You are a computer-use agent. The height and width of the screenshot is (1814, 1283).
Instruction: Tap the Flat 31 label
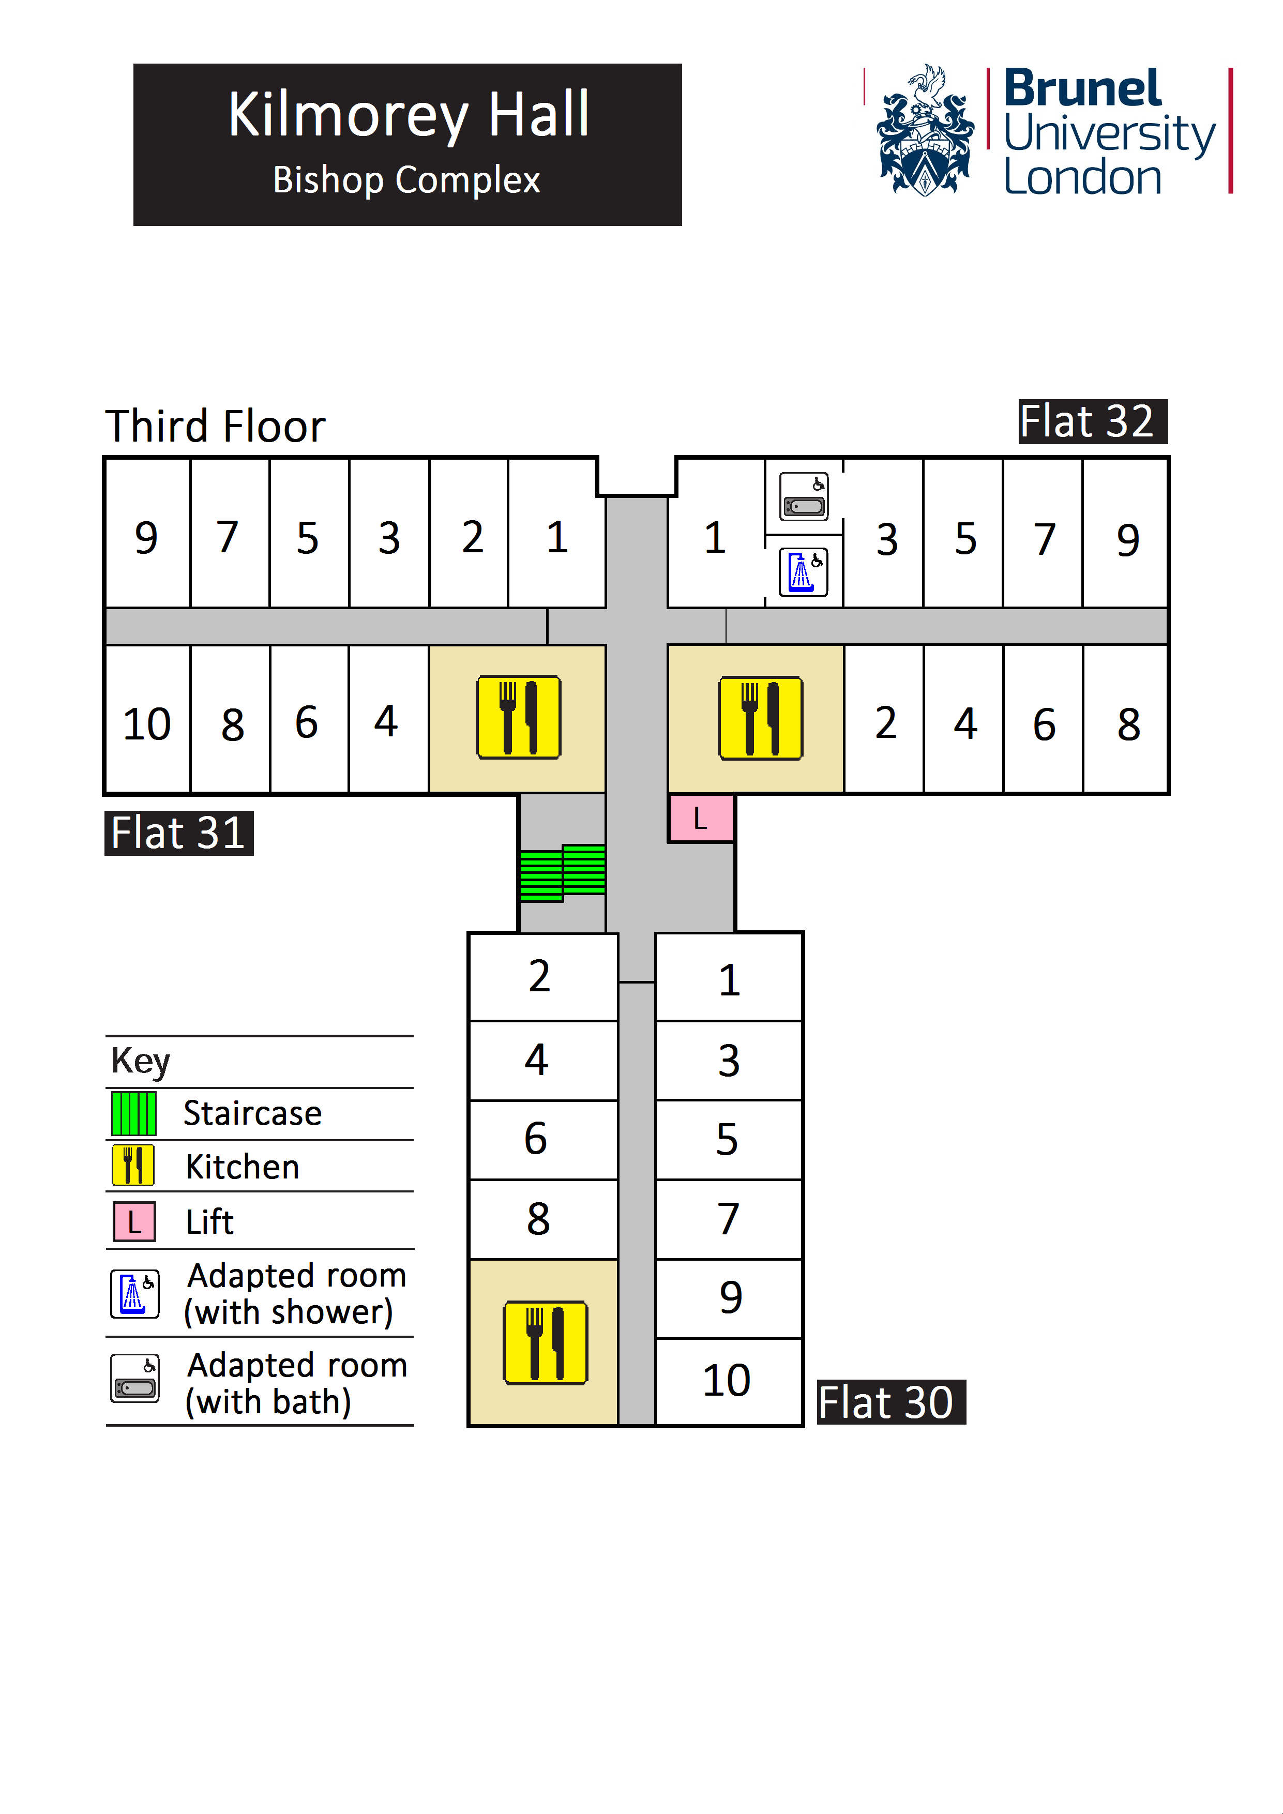pyautogui.click(x=178, y=834)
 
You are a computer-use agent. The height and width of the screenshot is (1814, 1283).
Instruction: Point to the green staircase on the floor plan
pyautogui.click(x=563, y=873)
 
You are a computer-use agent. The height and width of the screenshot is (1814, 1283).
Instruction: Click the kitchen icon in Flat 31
pyautogui.click(x=518, y=717)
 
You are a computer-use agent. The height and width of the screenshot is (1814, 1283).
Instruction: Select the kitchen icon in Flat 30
pyautogui.click(x=545, y=1343)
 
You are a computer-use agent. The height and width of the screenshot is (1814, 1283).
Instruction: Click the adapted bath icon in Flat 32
pyautogui.click(x=804, y=497)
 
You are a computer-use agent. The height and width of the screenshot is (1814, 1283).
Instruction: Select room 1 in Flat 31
pyautogui.click(x=557, y=537)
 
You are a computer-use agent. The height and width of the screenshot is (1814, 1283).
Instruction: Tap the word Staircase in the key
pyautogui.click(x=252, y=1113)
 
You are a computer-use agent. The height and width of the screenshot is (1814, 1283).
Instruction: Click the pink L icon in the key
pyautogui.click(x=134, y=1221)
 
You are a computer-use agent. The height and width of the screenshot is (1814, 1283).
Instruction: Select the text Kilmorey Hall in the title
pyautogui.click(x=409, y=115)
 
